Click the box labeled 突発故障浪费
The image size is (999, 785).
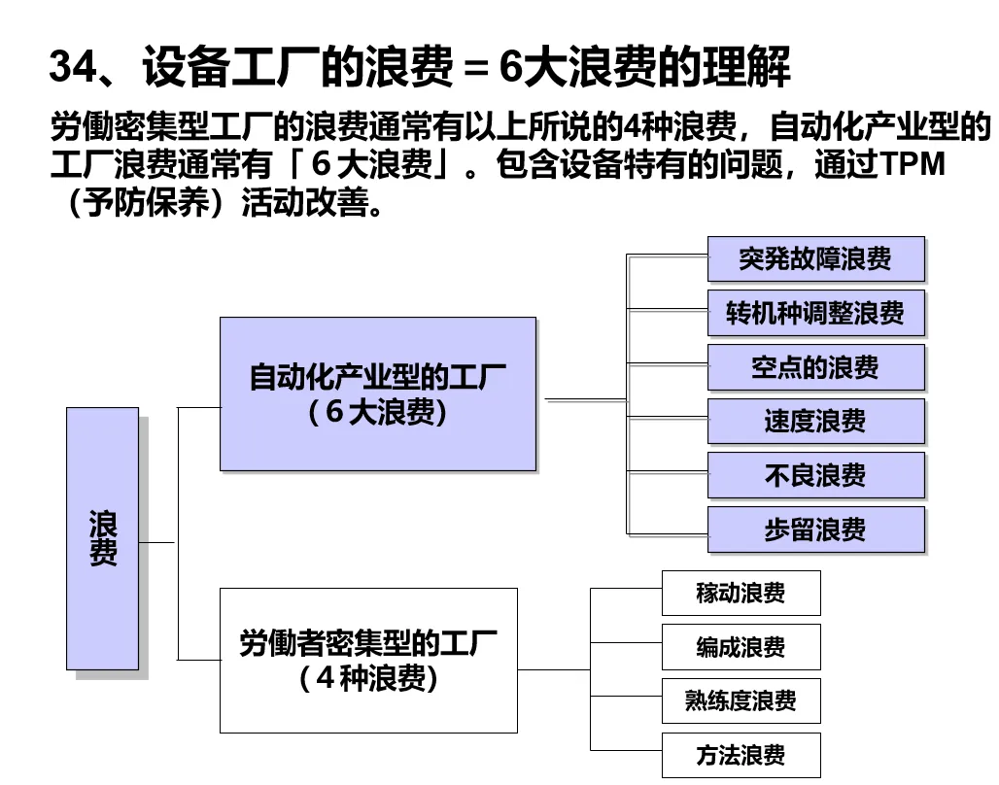(x=815, y=259)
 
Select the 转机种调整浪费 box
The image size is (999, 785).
(x=815, y=313)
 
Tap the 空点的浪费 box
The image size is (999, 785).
(x=815, y=367)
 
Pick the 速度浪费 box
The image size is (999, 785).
(x=815, y=422)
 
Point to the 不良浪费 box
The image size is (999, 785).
(x=815, y=476)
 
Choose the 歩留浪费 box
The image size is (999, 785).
(x=815, y=530)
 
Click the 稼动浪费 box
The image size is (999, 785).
(x=741, y=593)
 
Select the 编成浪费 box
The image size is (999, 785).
(x=741, y=647)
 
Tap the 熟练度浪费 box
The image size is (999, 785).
(x=741, y=701)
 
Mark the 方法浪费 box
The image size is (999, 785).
(x=741, y=755)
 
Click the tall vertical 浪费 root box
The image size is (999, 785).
(x=102, y=538)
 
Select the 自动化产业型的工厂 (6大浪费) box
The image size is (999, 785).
(x=377, y=393)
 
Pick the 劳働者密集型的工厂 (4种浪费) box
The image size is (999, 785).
(x=368, y=660)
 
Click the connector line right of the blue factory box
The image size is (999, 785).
(x=583, y=399)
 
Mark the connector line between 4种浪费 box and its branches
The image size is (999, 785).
(x=554, y=669)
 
